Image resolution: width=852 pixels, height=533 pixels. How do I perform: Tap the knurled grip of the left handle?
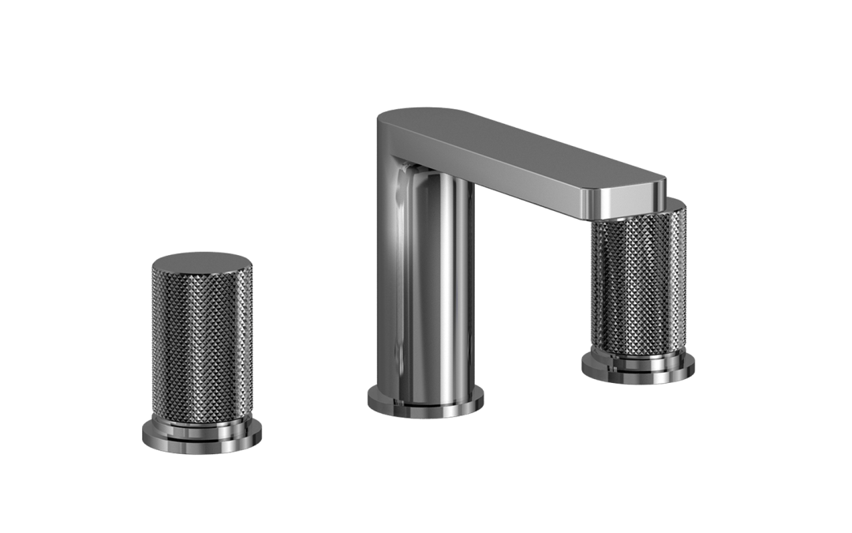click(x=201, y=340)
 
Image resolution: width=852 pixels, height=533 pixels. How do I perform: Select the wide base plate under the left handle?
click(x=201, y=439)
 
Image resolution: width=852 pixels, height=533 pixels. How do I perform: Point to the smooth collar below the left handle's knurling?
click(x=201, y=419)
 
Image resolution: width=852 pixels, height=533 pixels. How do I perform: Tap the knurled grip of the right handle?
click(x=637, y=284)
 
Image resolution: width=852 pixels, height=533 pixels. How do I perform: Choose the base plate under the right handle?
click(x=638, y=370)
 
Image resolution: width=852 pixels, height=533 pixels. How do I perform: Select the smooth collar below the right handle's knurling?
click(x=638, y=355)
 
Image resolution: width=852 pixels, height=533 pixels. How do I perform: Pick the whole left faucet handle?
click(x=201, y=351)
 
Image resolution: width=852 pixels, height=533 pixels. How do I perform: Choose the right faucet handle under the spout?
click(x=638, y=292)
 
